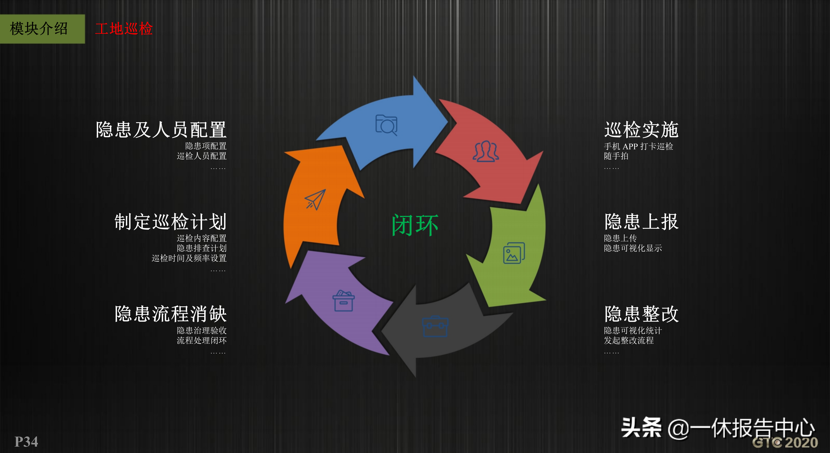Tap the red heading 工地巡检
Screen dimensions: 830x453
pyautogui.click(x=124, y=29)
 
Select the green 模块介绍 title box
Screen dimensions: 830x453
pyautogui.click(x=43, y=29)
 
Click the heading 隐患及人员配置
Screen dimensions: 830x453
pyautogui.click(x=161, y=130)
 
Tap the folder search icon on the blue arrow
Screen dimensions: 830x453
pyautogui.click(x=386, y=125)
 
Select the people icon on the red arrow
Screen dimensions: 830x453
pyautogui.click(x=486, y=151)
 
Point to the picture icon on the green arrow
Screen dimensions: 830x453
pyautogui.click(x=514, y=253)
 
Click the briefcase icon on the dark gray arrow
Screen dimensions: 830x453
pyautogui.click(x=435, y=326)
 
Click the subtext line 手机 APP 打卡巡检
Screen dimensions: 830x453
pyautogui.click(x=638, y=146)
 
